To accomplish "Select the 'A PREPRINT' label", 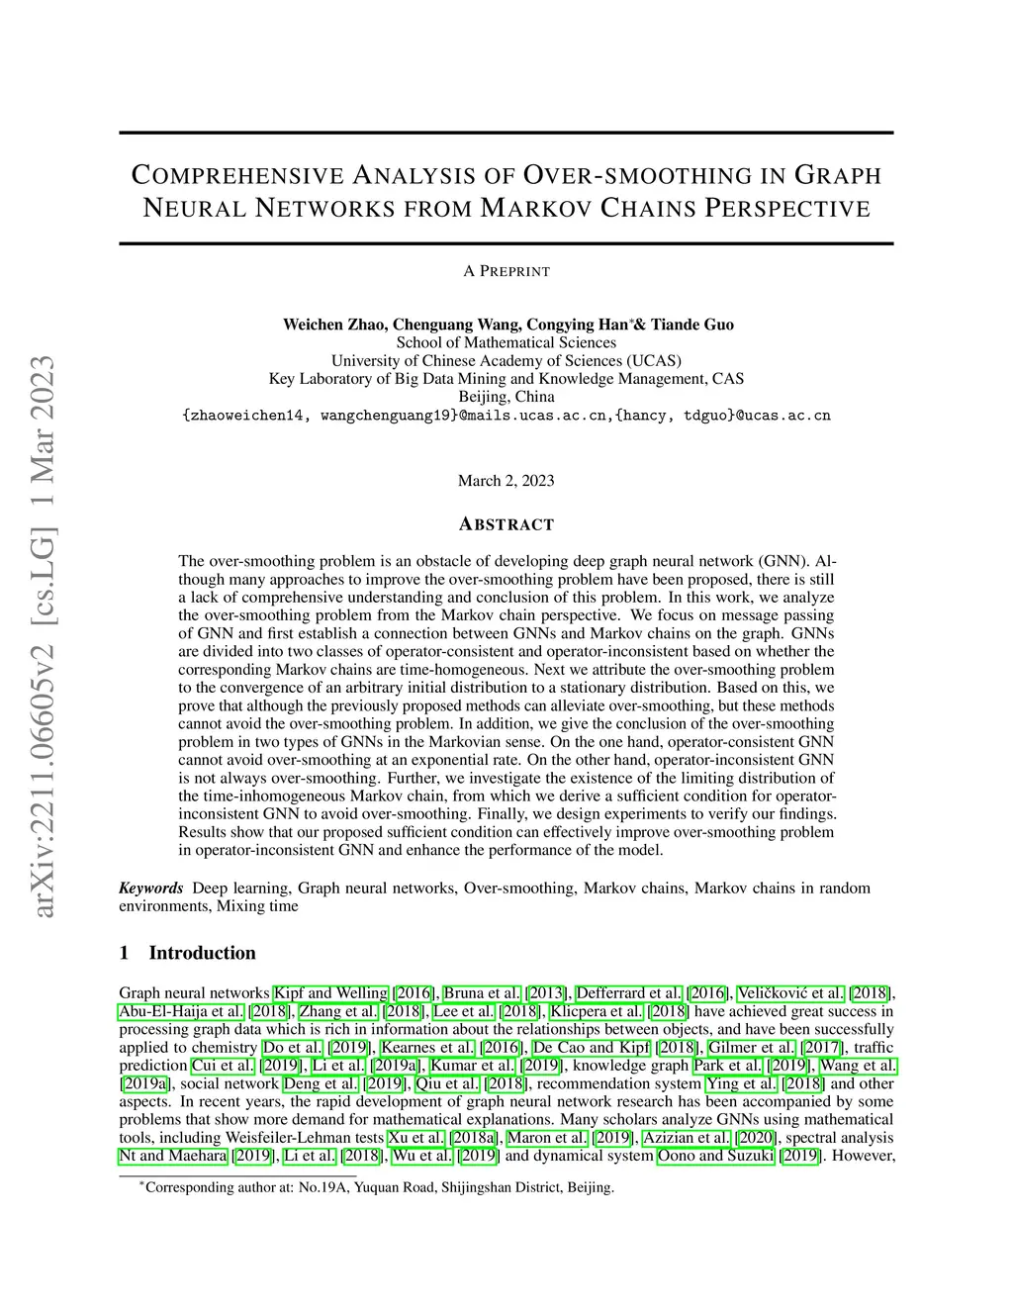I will [x=506, y=271].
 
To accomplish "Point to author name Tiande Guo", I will [x=691, y=325].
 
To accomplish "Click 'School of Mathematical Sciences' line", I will [x=506, y=342].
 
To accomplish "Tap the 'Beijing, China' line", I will [x=506, y=397].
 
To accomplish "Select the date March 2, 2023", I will [x=506, y=481].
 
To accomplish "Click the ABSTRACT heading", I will [x=506, y=524].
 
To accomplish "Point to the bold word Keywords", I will [x=151, y=888].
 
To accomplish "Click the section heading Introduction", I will [x=202, y=953].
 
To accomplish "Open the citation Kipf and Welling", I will [x=330, y=993].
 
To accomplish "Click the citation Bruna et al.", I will [x=482, y=993].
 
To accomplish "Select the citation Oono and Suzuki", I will [x=715, y=1156].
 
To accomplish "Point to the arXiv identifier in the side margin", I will [x=46, y=633].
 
